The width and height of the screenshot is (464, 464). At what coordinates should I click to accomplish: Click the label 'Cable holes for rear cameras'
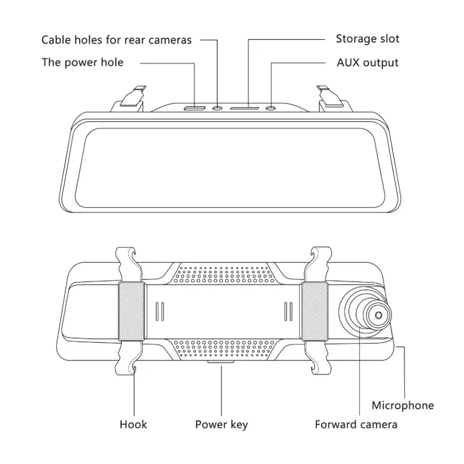pyautogui.click(x=116, y=40)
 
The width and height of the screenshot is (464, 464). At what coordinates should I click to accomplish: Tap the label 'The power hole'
pyautogui.click(x=83, y=62)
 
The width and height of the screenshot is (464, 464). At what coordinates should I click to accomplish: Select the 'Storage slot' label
pyautogui.click(x=367, y=39)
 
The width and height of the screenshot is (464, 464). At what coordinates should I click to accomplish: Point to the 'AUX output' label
pyautogui.click(x=367, y=62)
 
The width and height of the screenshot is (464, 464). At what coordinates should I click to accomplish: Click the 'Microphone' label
pyautogui.click(x=403, y=405)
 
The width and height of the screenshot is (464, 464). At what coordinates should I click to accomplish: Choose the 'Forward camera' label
pyautogui.click(x=356, y=424)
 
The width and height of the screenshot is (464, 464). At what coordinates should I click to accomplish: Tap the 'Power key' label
pyautogui.click(x=221, y=424)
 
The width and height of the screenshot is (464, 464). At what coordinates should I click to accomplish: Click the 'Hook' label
pyautogui.click(x=134, y=424)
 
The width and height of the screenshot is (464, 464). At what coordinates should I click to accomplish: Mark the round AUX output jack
pyautogui.click(x=271, y=108)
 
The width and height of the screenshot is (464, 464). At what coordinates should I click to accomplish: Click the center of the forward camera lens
pyautogui.click(x=377, y=315)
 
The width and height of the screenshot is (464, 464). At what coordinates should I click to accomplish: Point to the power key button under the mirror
pyautogui.click(x=221, y=362)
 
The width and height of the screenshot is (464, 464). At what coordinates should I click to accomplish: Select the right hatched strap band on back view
pyautogui.click(x=313, y=311)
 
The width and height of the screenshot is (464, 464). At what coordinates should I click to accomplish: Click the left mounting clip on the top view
pyautogui.click(x=131, y=97)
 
